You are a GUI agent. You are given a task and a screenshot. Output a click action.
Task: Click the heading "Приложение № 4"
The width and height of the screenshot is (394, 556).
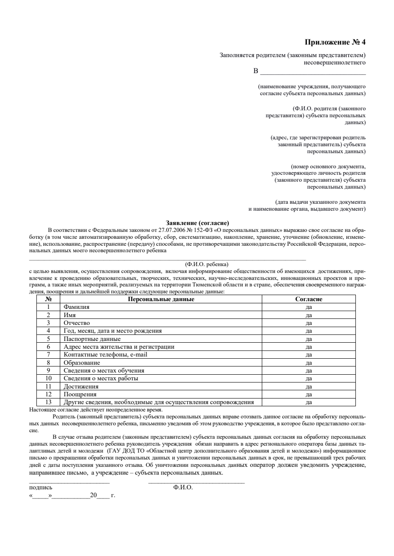tap(335, 42)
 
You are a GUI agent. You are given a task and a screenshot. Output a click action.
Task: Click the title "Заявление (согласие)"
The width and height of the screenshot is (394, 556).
tap(198, 223)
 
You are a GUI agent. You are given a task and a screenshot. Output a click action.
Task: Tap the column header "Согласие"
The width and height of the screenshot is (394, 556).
tap(309, 299)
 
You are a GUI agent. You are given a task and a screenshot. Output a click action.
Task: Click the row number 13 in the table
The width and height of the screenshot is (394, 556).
tap(49, 402)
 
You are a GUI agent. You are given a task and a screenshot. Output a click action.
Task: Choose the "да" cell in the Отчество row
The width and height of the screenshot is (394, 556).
tap(309, 323)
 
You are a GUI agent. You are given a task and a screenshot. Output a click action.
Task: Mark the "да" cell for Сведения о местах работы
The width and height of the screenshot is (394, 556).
tap(309, 379)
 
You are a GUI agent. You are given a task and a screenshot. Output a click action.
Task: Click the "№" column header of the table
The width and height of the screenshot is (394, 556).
tap(49, 299)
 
